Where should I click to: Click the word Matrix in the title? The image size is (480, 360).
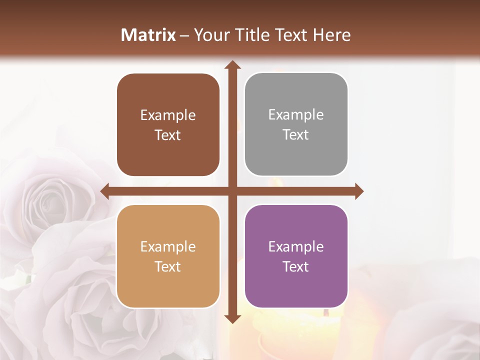tap(148, 35)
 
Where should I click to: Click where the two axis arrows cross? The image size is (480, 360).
tap(232, 191)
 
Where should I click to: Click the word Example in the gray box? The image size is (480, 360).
tap(296, 115)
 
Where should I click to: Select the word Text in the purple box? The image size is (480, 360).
tap(296, 266)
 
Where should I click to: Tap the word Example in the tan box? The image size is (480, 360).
tap(168, 246)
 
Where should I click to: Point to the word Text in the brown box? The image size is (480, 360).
tap(168, 135)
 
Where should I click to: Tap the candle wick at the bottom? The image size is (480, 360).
tap(326, 312)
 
